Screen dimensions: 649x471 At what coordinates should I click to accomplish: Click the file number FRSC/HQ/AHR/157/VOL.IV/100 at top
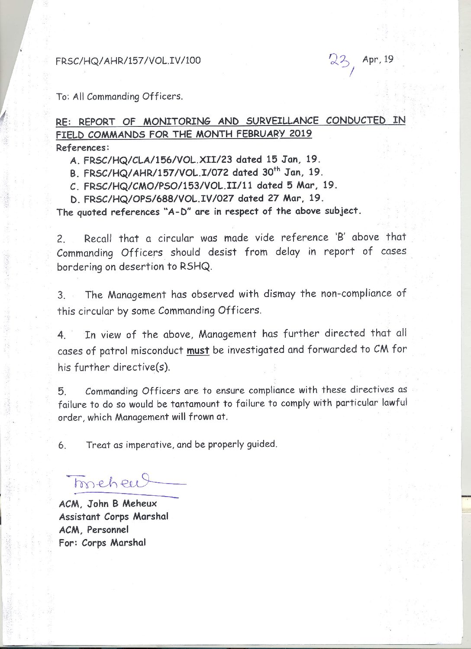tap(128, 61)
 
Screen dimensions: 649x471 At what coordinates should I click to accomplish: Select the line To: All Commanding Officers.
tap(119, 97)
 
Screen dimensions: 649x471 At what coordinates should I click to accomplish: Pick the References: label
tap(82, 148)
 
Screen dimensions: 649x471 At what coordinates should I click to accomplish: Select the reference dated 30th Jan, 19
tap(196, 173)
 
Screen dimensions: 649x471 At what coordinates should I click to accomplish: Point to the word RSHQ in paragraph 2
tap(198, 267)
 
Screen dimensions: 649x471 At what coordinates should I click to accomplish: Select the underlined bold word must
tap(198, 350)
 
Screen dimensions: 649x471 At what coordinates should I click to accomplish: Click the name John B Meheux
tap(123, 504)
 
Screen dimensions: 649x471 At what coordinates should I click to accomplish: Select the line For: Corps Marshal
tap(102, 542)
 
